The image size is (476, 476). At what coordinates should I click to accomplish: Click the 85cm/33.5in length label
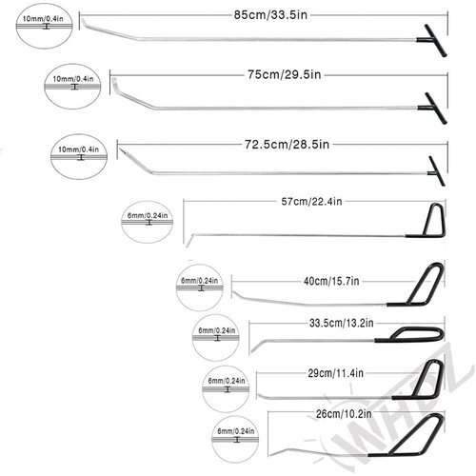tap(270, 15)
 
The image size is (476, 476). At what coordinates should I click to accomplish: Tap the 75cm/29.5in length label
tap(285, 75)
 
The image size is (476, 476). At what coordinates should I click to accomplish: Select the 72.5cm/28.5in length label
tap(287, 145)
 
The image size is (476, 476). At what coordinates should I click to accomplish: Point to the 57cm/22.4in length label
tap(311, 202)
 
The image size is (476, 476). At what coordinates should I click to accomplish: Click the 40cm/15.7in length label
tap(331, 281)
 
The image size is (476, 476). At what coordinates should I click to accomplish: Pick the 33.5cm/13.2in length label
tap(342, 323)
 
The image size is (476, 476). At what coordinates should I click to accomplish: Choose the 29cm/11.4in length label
tap(335, 373)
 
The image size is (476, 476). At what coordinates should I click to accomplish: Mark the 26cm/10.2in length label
tap(344, 414)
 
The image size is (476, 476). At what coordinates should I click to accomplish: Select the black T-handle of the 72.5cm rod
tap(437, 171)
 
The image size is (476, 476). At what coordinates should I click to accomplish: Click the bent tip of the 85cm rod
tap(84, 23)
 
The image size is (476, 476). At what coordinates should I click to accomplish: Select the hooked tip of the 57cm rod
tap(188, 241)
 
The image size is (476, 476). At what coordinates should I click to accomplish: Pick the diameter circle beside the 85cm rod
tap(45, 26)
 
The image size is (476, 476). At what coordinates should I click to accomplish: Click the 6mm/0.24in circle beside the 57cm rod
tap(148, 222)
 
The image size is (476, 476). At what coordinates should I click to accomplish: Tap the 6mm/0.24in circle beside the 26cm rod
tap(235, 440)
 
